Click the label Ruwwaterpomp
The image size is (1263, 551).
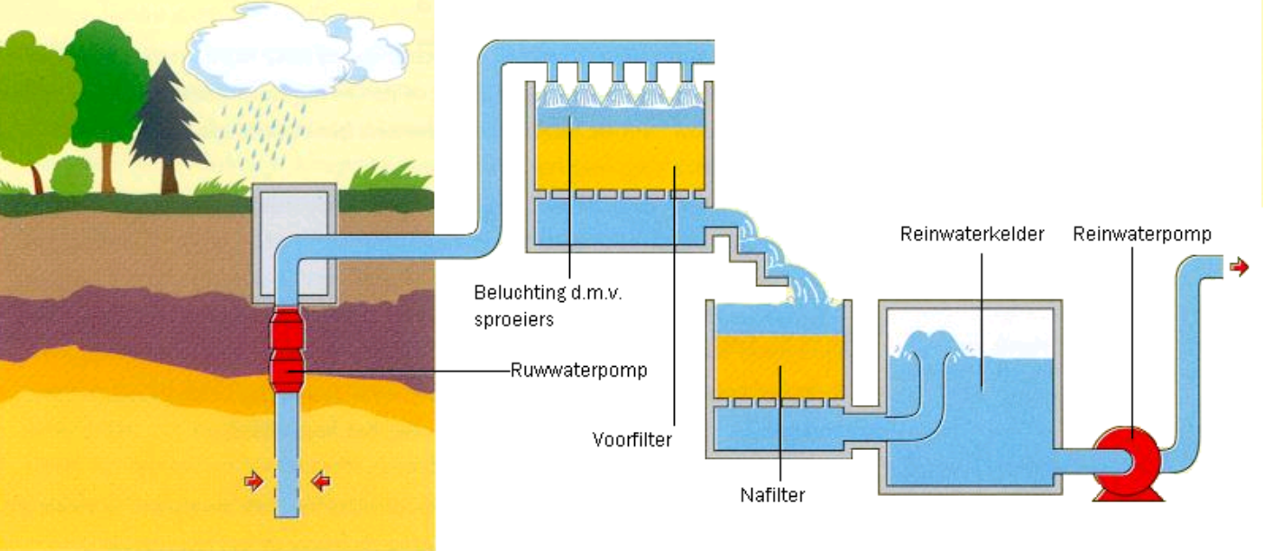tap(578, 370)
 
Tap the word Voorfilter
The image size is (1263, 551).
tap(632, 440)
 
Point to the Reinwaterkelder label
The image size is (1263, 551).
tap(972, 234)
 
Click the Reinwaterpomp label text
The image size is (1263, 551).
tap(1141, 234)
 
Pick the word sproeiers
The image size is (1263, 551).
tap(512, 317)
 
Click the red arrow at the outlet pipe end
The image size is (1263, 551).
tap(1240, 267)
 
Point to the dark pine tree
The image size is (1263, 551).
tap(167, 126)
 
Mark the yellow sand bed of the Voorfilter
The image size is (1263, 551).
tap(619, 157)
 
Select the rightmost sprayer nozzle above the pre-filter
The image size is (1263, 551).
tap(690, 79)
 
